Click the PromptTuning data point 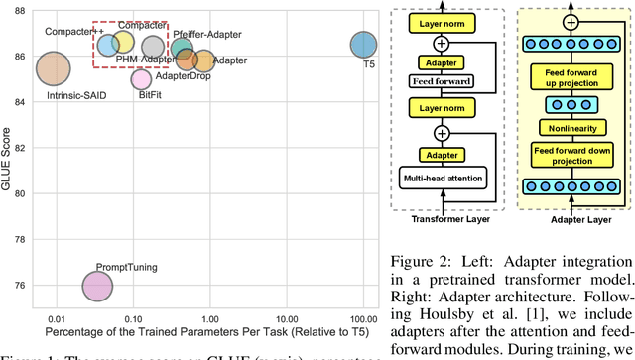pos(96,287)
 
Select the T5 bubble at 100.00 pos(364,45)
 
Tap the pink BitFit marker pos(142,78)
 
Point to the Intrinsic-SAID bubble pos(53,68)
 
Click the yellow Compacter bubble pos(122,43)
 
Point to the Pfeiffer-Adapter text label pos(203,34)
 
